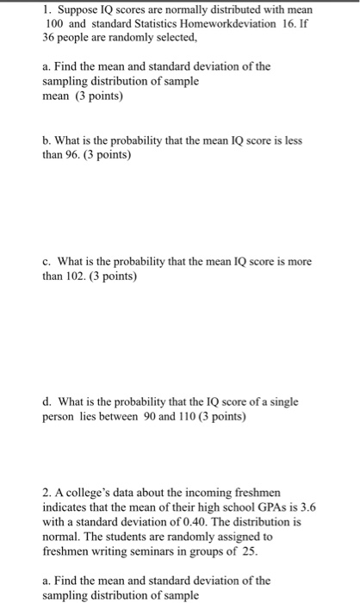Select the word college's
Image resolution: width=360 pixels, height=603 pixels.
89,492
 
